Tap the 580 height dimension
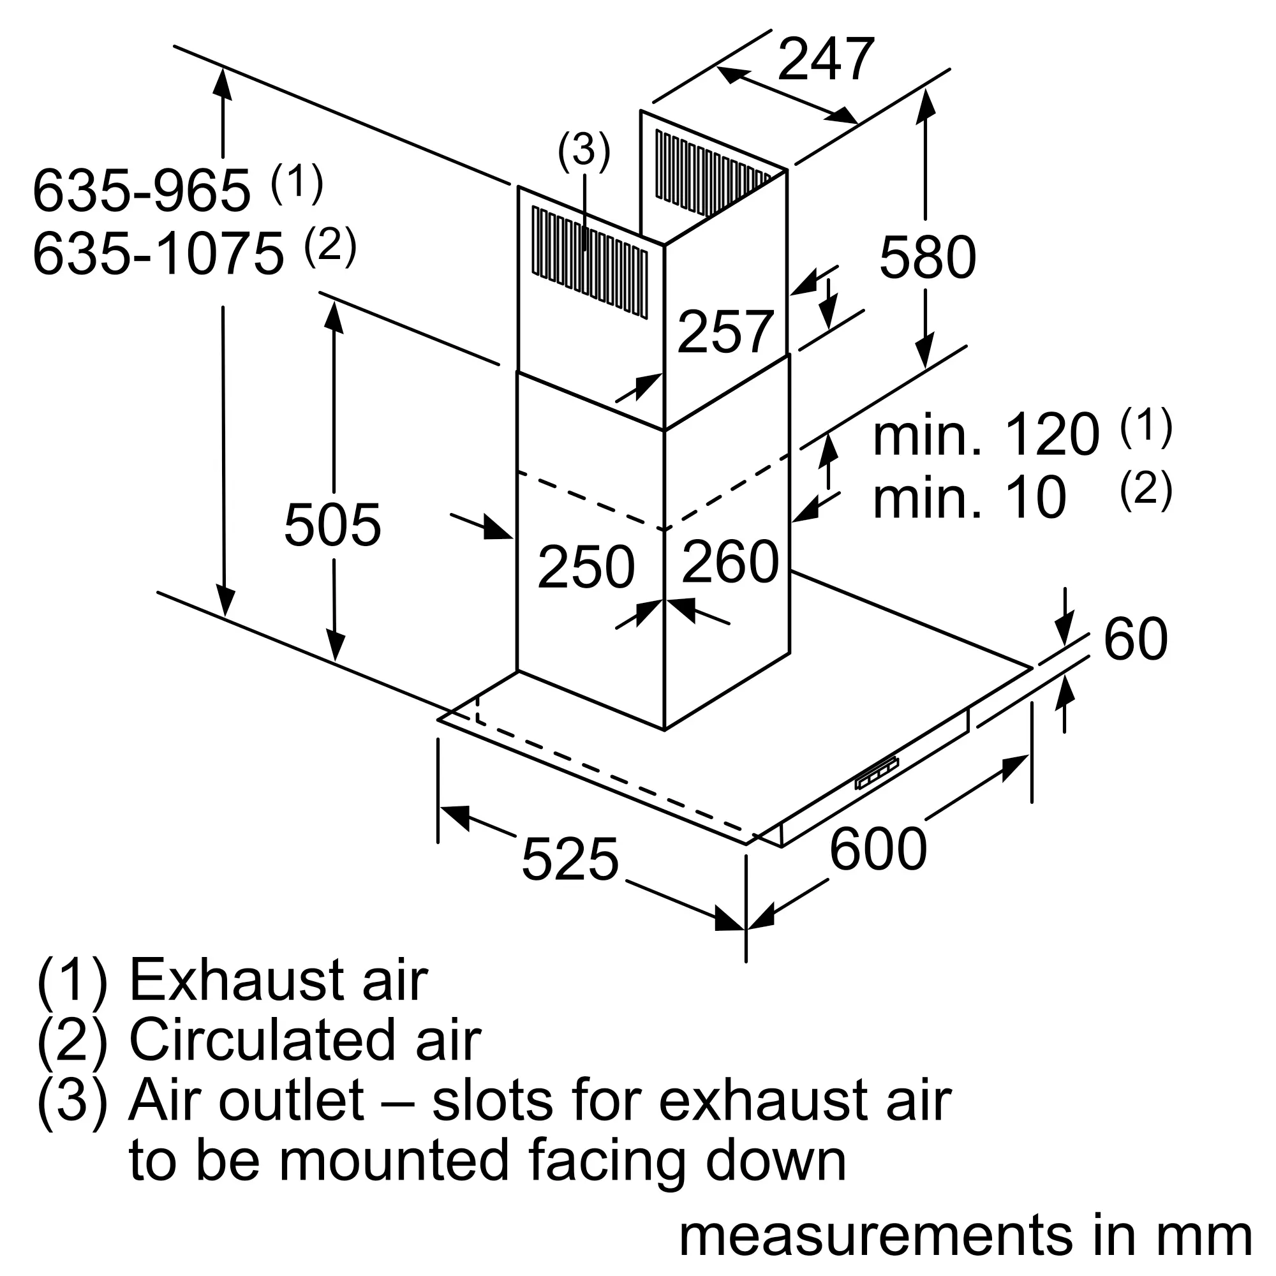click(x=927, y=257)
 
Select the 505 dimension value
click(x=332, y=525)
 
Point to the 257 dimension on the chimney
click(x=725, y=332)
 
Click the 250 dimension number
click(x=586, y=567)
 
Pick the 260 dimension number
click(x=730, y=561)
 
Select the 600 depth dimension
click(x=878, y=849)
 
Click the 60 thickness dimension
click(x=1136, y=639)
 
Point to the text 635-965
click(x=142, y=191)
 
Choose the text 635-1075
click(x=158, y=254)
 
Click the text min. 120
click(x=987, y=434)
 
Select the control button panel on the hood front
click(x=877, y=773)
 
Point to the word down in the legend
click(x=776, y=1161)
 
